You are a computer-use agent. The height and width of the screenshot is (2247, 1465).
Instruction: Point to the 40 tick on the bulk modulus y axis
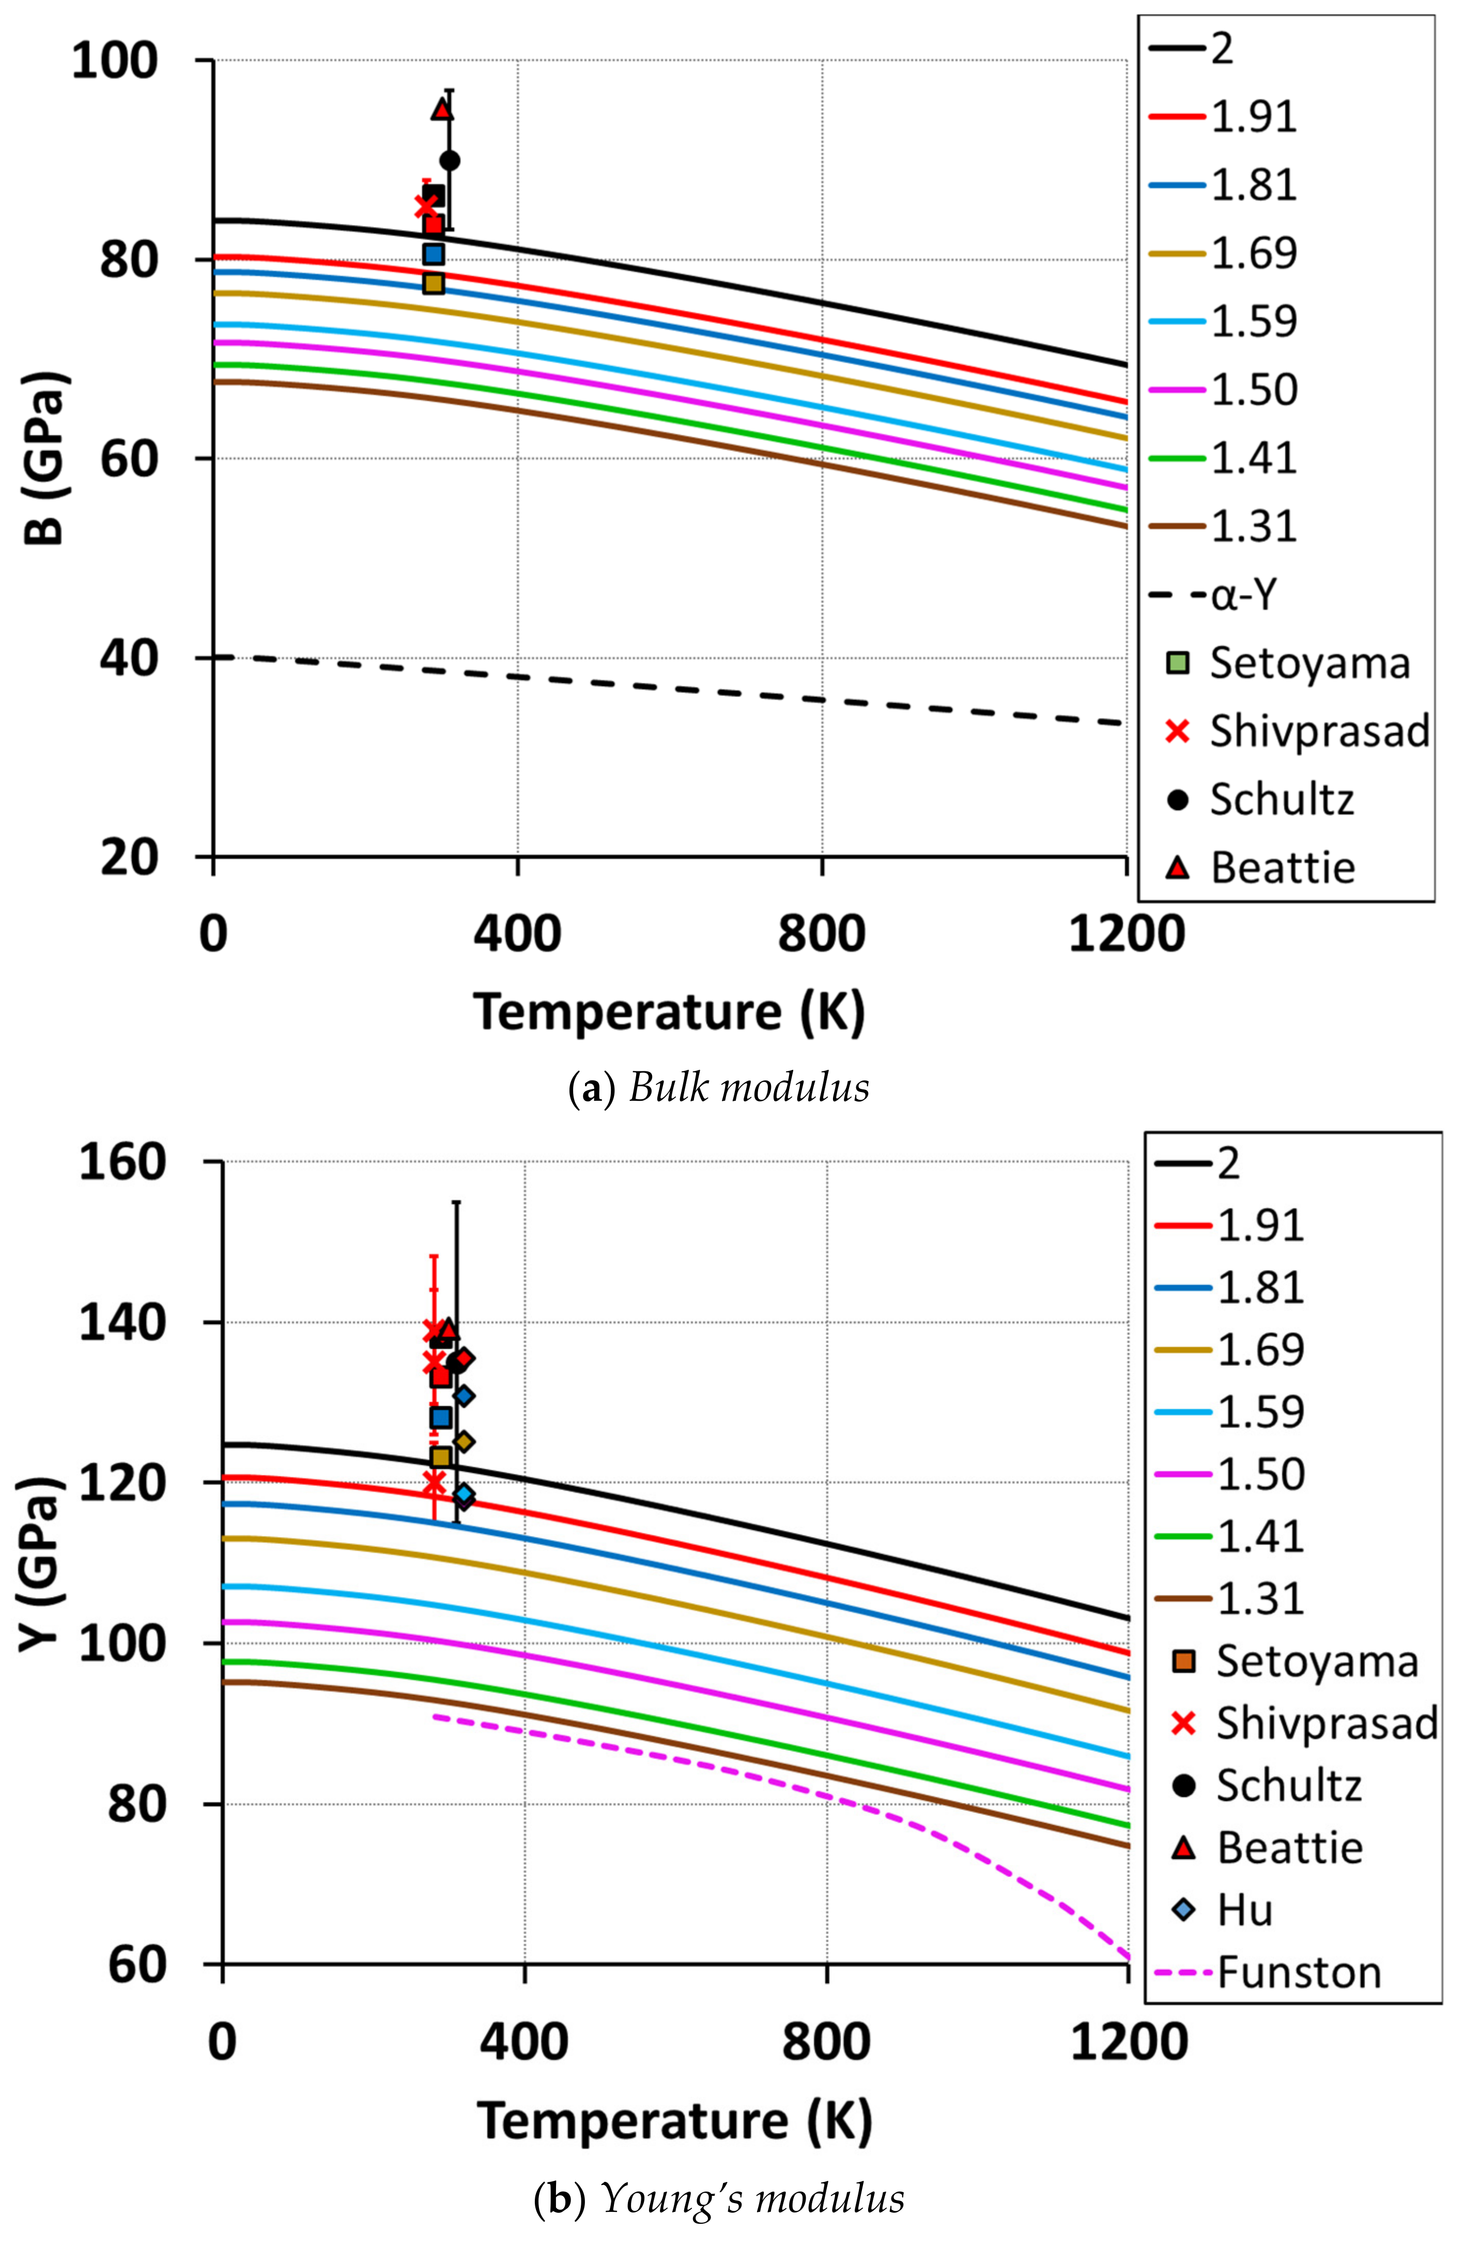click(x=128, y=658)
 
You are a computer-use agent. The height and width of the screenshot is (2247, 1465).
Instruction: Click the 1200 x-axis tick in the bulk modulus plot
click(x=1126, y=935)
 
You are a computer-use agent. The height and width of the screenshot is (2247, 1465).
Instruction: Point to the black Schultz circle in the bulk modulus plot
click(x=450, y=161)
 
